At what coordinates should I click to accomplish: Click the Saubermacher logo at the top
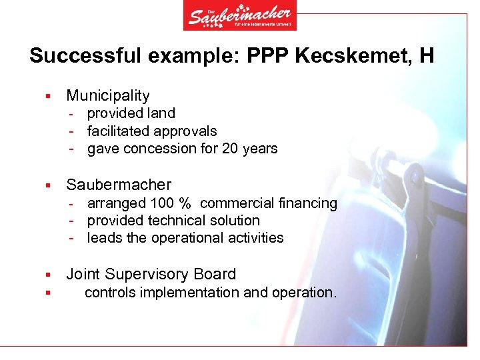click(x=240, y=16)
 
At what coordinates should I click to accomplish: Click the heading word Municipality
click(x=108, y=96)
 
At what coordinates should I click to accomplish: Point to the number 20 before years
click(x=230, y=149)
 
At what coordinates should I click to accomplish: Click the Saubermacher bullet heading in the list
click(x=119, y=185)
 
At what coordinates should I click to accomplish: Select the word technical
click(x=180, y=220)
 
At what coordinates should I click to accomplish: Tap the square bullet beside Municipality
click(x=48, y=97)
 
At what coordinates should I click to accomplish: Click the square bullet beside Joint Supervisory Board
click(x=48, y=275)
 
